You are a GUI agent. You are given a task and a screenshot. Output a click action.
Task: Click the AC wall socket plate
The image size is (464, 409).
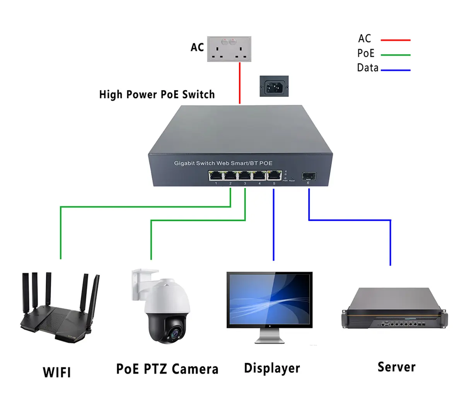229,49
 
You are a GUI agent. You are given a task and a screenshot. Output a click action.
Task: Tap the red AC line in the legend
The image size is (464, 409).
395,40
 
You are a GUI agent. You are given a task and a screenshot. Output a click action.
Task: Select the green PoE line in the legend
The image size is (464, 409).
395,55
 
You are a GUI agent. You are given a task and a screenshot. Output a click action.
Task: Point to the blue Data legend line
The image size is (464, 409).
395,70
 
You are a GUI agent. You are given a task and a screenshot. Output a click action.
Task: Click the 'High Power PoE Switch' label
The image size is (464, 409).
157,95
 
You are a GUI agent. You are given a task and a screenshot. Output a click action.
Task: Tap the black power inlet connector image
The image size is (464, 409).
274,86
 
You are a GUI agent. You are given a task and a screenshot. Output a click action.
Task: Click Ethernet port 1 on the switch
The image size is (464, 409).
215,176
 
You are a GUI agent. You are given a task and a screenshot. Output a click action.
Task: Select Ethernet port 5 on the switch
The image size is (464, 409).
274,176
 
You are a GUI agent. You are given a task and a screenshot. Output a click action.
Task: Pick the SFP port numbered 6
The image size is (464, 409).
308,177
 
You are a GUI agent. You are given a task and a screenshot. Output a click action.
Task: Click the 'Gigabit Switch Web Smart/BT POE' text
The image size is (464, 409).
223,163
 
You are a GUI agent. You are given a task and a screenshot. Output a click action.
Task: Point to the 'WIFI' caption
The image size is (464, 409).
57,372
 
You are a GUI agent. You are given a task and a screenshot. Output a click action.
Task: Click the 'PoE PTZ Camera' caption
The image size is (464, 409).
167,369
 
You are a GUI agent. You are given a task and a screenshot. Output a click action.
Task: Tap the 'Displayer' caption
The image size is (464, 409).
272,368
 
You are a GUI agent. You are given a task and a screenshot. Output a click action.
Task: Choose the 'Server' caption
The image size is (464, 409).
396,367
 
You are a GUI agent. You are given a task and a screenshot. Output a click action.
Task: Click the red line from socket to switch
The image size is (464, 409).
240,83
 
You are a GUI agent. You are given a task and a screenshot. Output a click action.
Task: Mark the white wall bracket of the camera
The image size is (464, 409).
140,284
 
